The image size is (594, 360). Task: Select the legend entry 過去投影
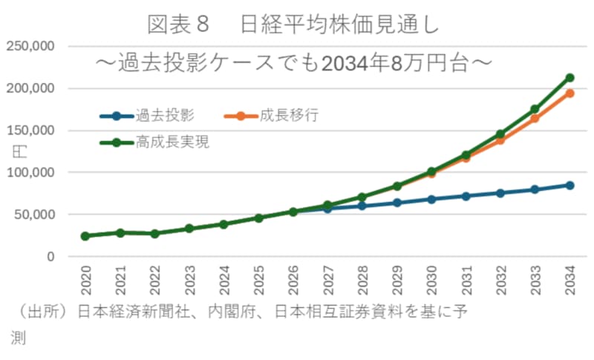(165, 115)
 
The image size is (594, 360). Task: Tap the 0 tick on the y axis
(50, 257)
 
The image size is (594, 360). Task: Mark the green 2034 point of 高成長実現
(569, 78)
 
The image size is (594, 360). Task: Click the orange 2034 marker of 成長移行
(569, 94)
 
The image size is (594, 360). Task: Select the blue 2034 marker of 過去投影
(569, 185)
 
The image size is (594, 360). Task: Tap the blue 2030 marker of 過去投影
(431, 199)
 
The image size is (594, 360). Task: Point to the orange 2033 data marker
(535, 119)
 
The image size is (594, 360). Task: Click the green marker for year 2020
(85, 236)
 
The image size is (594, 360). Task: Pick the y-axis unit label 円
(20, 151)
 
